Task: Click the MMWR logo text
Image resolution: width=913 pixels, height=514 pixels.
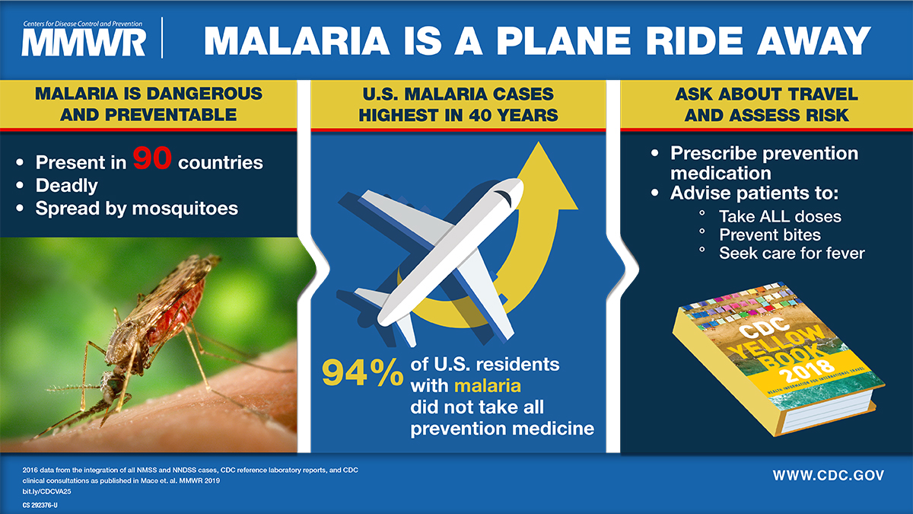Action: click(x=84, y=43)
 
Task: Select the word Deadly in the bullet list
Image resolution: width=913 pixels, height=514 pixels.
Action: click(x=66, y=185)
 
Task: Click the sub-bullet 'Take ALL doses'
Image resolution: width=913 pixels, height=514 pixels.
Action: click(x=780, y=216)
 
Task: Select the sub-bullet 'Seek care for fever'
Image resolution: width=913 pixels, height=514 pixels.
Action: click(x=791, y=253)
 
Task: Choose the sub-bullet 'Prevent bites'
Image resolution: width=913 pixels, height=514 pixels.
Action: click(x=769, y=235)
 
